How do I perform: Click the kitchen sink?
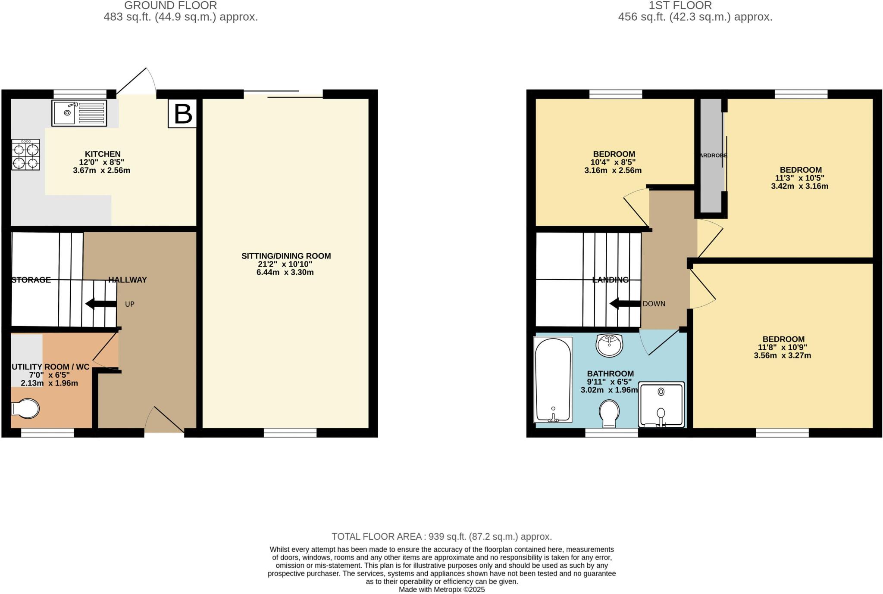coord(79,113)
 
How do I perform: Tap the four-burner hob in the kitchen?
coord(25,154)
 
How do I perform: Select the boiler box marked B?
coord(182,114)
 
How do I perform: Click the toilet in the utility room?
coord(25,408)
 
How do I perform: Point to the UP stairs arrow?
coord(101,304)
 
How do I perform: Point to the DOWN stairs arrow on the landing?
coord(625,304)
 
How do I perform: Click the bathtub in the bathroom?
coord(553,380)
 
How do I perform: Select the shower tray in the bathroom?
coord(661,404)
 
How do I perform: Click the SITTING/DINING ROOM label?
coord(286,256)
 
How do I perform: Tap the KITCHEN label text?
coord(103,154)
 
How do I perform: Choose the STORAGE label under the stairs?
coord(31,280)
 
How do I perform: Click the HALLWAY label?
coord(128,280)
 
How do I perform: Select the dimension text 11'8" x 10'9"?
coord(783,347)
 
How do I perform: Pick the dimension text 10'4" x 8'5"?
coord(613,162)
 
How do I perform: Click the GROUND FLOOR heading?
coord(171,6)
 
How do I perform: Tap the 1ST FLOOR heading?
coord(695,6)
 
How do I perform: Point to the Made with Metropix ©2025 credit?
coord(442,590)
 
